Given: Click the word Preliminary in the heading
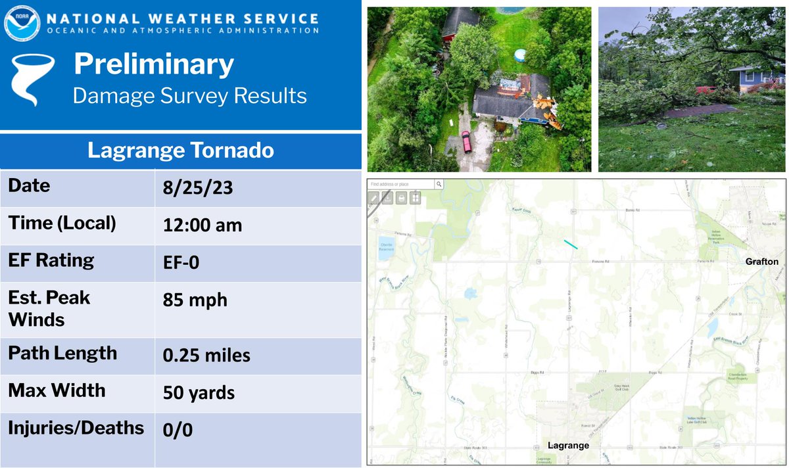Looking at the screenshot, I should (153, 64).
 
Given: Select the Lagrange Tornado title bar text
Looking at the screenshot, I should (181, 151).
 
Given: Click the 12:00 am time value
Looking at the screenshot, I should (202, 225).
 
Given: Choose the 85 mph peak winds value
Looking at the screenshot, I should (195, 300).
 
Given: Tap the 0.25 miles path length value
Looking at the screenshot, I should (206, 356).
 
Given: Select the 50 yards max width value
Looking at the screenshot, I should (199, 393).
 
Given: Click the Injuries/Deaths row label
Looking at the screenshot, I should (76, 429).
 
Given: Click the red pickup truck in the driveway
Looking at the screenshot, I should (466, 141).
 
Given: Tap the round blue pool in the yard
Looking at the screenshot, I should (518, 54).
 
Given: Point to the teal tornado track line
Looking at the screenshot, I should (571, 245).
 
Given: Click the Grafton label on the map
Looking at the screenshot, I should (761, 262).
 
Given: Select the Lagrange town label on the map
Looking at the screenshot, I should (568, 445).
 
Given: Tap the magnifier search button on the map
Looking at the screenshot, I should (439, 185).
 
